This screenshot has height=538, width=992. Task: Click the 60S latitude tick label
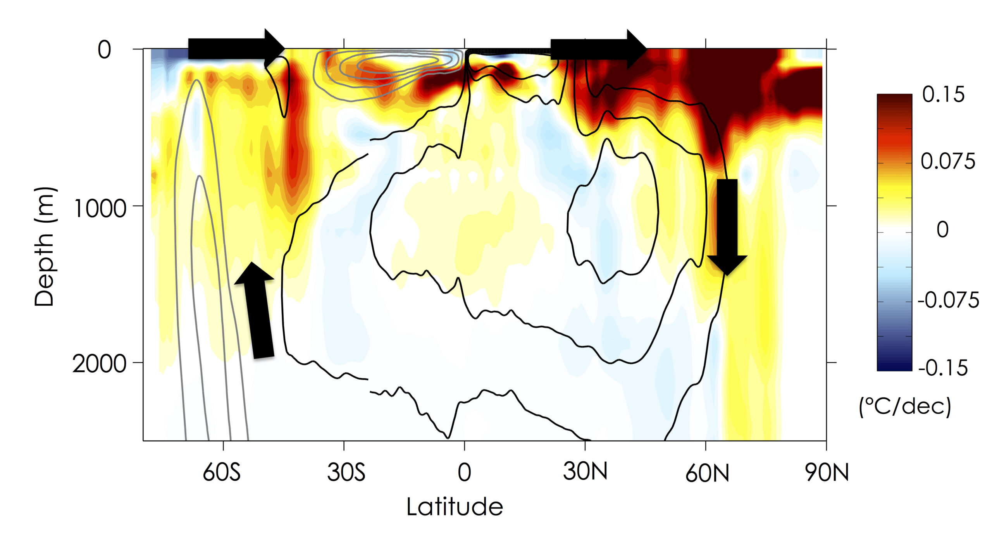tap(222, 472)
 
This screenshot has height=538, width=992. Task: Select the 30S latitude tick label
tap(346, 472)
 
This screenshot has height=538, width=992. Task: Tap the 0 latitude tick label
tap(464, 472)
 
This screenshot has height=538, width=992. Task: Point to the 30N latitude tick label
tap(585, 471)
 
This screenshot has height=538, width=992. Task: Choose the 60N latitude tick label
tap(707, 473)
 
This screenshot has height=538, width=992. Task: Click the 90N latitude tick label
tap(827, 472)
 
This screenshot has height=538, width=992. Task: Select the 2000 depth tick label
tap(99, 364)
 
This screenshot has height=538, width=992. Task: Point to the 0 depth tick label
tap(104, 50)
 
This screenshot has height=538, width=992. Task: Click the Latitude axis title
tap(455, 507)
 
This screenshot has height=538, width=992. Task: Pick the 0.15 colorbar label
tap(943, 94)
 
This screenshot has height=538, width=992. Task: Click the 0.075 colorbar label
tap(947, 161)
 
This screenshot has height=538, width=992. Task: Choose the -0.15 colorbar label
tap(943, 368)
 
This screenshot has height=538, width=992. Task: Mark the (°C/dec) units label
tap(905, 406)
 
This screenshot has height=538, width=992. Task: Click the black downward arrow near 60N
tap(727, 227)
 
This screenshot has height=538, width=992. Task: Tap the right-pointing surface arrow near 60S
tap(236, 49)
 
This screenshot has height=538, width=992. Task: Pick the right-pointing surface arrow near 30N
tap(598, 49)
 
